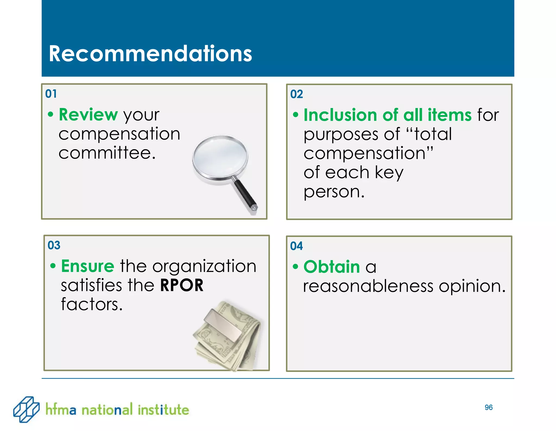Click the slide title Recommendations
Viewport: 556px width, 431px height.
(x=150, y=53)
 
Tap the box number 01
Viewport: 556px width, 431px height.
(x=51, y=94)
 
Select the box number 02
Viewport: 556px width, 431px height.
(x=296, y=94)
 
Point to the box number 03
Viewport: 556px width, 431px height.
(x=54, y=245)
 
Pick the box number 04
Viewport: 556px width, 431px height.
(x=296, y=246)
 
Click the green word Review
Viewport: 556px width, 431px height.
(x=88, y=115)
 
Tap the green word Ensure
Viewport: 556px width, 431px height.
(x=88, y=266)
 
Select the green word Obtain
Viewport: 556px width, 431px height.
(x=331, y=267)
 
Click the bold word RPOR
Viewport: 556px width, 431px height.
(x=182, y=285)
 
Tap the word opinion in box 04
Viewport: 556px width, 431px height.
(x=472, y=287)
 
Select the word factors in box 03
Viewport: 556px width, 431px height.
(x=91, y=304)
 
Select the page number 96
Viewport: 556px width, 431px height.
(x=488, y=407)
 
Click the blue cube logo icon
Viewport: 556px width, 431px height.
(x=26, y=409)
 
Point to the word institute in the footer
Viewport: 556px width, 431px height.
(x=163, y=410)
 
